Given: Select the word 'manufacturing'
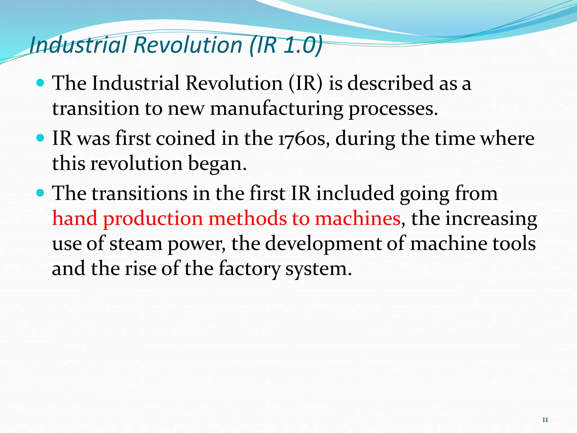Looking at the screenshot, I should point(277,109).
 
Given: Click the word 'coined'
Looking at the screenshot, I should point(185,139).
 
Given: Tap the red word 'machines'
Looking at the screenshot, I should point(357,218).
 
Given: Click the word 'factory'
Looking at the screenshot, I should point(249,268).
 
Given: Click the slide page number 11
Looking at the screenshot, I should point(545,420).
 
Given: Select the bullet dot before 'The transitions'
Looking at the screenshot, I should point(41,193).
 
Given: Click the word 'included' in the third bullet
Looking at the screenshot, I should point(355,193).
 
